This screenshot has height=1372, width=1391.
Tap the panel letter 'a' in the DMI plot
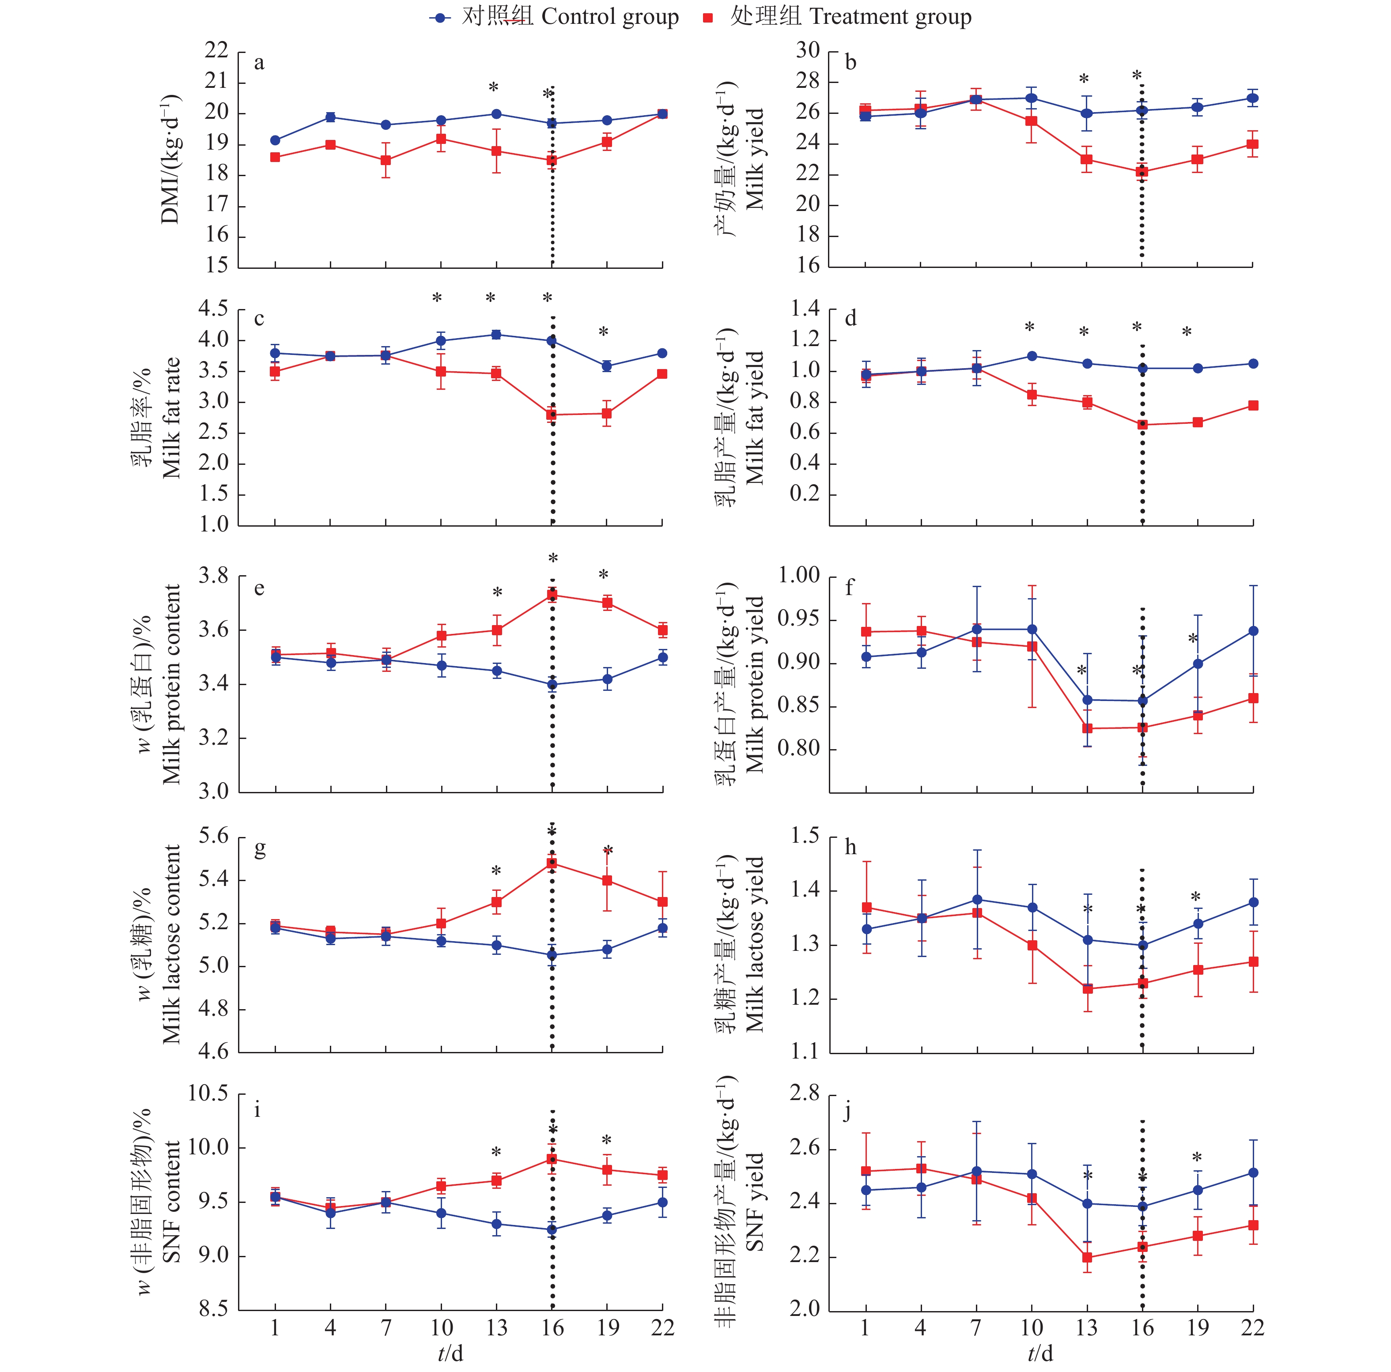259,63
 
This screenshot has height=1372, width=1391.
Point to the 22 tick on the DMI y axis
216,50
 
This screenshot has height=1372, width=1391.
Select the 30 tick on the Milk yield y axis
808,50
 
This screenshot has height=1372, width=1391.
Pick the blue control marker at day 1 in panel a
275,140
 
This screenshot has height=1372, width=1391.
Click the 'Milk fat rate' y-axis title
171,418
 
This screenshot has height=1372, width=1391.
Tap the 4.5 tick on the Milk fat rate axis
213,309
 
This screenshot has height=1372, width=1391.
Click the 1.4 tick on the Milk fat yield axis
805,309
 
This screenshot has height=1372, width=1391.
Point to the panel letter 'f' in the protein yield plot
850,588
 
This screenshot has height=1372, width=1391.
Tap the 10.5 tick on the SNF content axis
208,1093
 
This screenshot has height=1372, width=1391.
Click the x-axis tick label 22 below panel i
662,1328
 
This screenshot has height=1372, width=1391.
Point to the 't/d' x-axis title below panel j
1039,1354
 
